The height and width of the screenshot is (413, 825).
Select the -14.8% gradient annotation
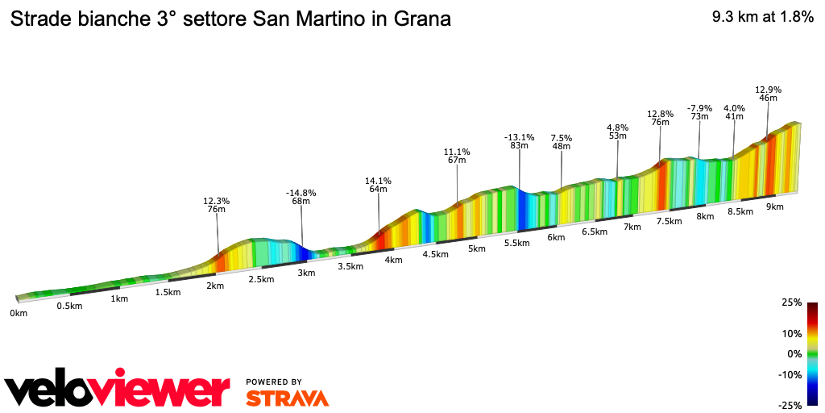301,193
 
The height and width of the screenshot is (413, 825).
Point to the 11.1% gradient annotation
457,152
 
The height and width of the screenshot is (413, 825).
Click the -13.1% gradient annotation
519,137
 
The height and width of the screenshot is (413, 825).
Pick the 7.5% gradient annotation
561,138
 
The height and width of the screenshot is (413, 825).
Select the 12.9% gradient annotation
768,90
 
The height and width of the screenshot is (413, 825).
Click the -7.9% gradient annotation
699,108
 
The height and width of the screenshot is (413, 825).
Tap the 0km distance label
18,313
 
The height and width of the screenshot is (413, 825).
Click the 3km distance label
305,273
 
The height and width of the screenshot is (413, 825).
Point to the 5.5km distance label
516,243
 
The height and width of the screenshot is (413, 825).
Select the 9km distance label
775,206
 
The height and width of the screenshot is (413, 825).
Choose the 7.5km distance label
670,221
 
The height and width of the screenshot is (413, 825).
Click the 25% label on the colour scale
792,302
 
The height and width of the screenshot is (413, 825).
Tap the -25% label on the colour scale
790,406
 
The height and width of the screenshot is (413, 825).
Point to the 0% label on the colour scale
794,354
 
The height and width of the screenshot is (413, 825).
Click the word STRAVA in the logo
287,398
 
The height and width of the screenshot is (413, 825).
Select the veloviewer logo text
118,390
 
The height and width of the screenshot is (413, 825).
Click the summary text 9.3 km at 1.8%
762,18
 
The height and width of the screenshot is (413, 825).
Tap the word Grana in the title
421,19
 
